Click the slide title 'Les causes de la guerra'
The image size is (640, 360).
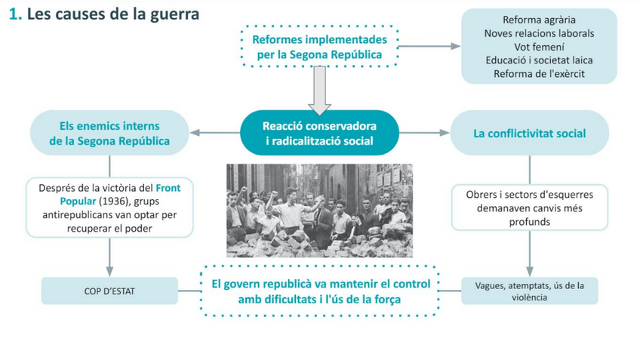pos(112,14)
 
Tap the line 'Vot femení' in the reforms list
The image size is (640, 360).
pos(538,47)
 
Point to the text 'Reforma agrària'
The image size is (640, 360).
pos(538,20)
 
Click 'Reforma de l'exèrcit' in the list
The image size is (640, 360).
pos(538,73)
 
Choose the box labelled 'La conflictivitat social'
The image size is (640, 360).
pos(529,133)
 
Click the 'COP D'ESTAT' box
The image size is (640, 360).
pos(109,291)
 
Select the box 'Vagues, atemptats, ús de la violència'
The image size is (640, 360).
pos(529,291)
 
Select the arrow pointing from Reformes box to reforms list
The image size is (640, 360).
pos(429,46)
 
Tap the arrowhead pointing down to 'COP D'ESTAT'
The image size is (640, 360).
pos(110,272)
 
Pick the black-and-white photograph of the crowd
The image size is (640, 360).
pos(319,211)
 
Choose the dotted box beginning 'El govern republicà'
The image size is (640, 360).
pos(321,291)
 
